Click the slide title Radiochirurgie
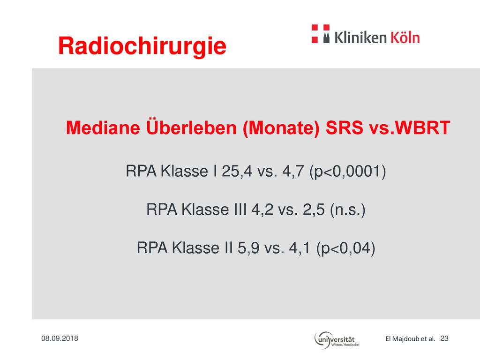(x=142, y=46)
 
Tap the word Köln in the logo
(x=405, y=37)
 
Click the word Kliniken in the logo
(x=360, y=37)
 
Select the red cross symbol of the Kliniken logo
(x=321, y=34)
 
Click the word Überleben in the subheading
(x=192, y=127)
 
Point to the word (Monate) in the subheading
(x=281, y=128)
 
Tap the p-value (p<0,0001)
(x=348, y=172)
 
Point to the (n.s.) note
(x=348, y=210)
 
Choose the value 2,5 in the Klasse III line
(x=314, y=210)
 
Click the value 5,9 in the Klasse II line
(x=248, y=248)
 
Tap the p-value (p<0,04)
(x=346, y=248)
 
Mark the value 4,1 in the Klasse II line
(x=300, y=248)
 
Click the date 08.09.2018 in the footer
(x=60, y=338)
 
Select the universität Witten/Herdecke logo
(x=337, y=340)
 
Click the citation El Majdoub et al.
(x=410, y=339)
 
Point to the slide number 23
(x=444, y=338)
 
